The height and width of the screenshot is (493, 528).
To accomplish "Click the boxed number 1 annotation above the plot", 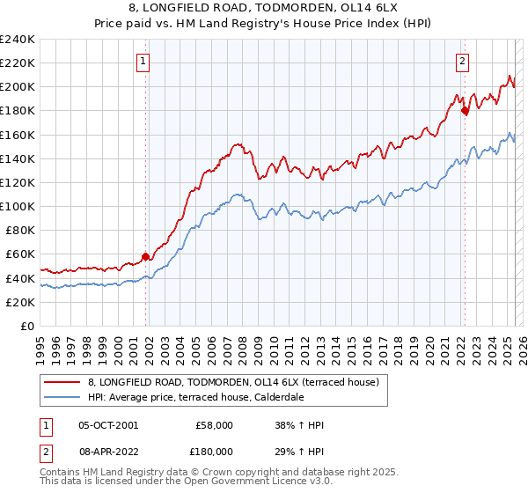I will (x=143, y=61).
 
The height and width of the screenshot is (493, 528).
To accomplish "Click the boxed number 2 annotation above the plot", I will (x=462, y=61).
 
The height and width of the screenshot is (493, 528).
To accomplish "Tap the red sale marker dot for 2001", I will (x=146, y=256).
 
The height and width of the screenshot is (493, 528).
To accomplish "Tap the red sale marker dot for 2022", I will (x=465, y=111).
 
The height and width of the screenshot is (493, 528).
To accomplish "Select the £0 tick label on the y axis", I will (x=26, y=326).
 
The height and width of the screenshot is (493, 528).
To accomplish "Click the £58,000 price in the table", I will (x=214, y=425).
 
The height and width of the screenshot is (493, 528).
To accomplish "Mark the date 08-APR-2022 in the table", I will (x=107, y=450).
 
